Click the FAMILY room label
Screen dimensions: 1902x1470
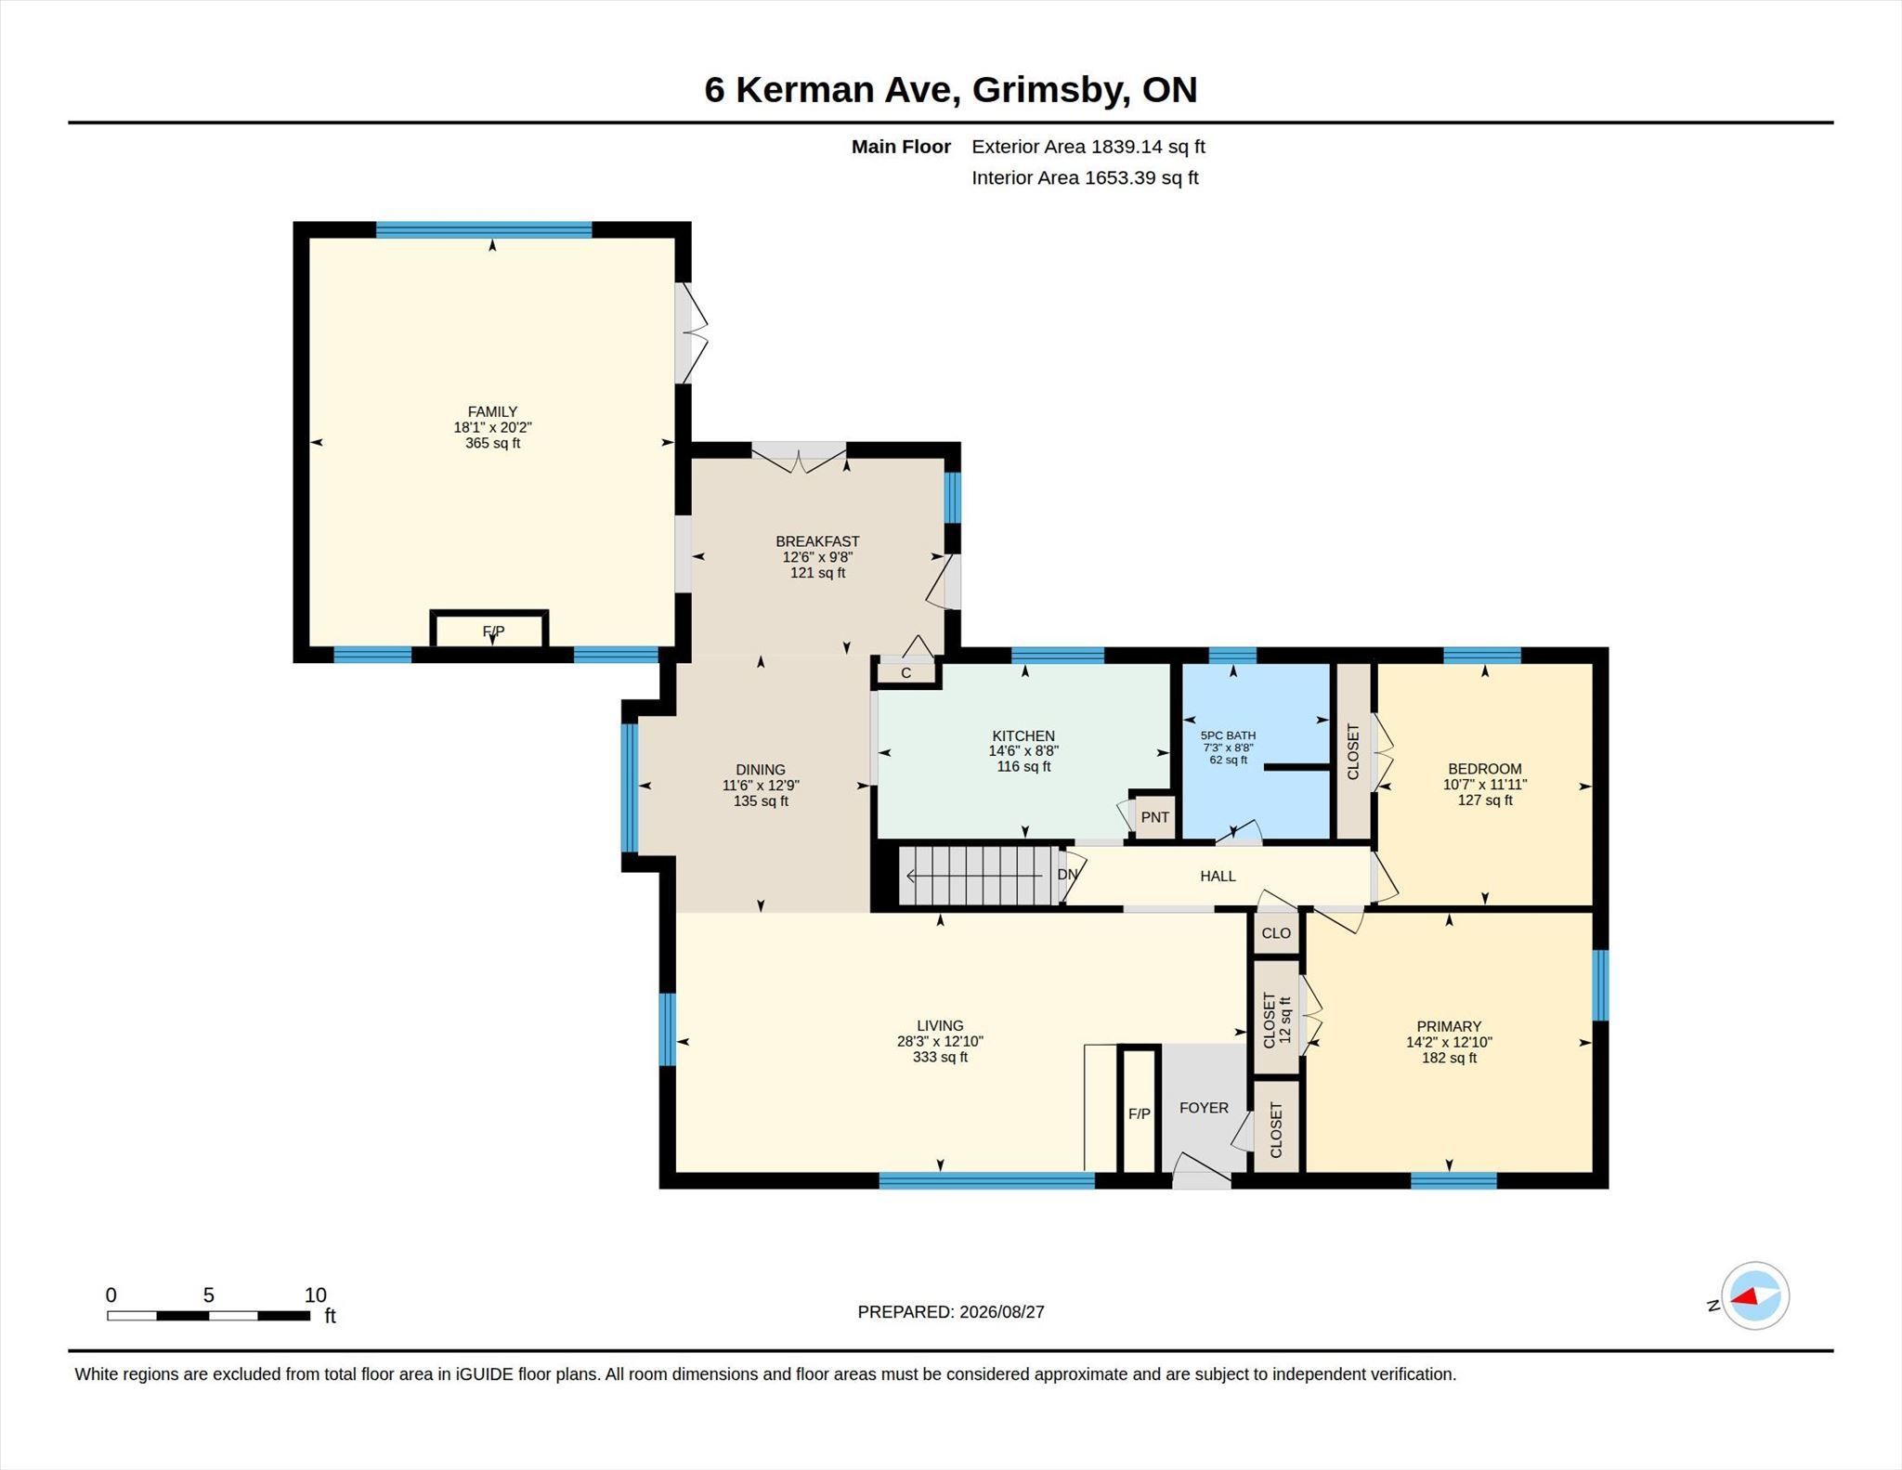(x=492, y=411)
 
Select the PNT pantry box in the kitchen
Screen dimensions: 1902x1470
(x=1154, y=817)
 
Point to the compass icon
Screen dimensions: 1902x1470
(x=1754, y=1295)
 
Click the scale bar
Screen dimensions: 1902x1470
(x=208, y=1315)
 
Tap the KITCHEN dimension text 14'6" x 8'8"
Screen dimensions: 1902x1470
(x=1023, y=750)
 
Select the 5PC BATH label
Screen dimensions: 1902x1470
(x=1228, y=735)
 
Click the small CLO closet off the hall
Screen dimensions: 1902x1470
(x=1276, y=932)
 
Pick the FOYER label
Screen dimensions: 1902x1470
(x=1204, y=1107)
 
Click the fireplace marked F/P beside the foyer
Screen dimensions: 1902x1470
(x=1140, y=1111)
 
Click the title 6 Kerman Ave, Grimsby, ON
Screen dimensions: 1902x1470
(x=951, y=89)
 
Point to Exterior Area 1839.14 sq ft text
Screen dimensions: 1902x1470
(x=1088, y=146)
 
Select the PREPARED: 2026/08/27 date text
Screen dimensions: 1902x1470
(x=951, y=1311)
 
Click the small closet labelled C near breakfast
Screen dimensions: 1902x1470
(x=906, y=672)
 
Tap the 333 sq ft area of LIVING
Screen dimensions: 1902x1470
(x=940, y=1057)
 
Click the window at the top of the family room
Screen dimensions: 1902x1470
(x=484, y=229)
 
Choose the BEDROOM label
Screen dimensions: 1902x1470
(x=1485, y=768)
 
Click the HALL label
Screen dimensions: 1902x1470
(x=1218, y=876)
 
